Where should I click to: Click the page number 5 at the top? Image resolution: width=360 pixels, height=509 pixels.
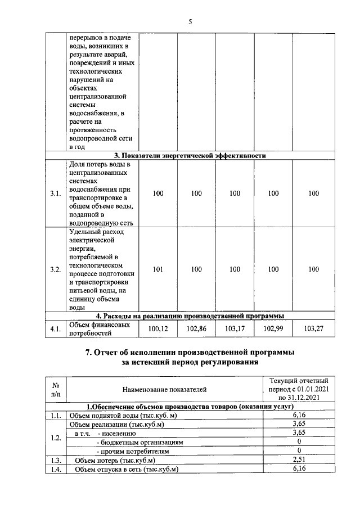point(190,22)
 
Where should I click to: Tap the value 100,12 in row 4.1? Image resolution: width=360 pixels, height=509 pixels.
point(158,328)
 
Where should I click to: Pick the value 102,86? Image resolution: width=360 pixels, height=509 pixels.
point(196,328)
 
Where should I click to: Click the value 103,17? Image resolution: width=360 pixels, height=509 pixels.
point(235,328)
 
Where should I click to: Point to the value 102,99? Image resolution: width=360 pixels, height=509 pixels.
point(273,328)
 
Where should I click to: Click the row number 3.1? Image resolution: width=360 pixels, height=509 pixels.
point(55,193)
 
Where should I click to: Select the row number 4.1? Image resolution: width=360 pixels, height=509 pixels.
point(55,328)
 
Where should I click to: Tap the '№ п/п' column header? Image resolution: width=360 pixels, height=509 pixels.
point(56,389)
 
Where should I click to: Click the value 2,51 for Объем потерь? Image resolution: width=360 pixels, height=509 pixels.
point(298,460)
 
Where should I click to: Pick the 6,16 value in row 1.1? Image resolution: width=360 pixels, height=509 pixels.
point(298,415)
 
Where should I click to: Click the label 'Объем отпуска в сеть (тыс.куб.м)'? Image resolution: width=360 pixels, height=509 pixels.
point(127,469)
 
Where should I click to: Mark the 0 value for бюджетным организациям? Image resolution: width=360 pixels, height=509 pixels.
point(298,442)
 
